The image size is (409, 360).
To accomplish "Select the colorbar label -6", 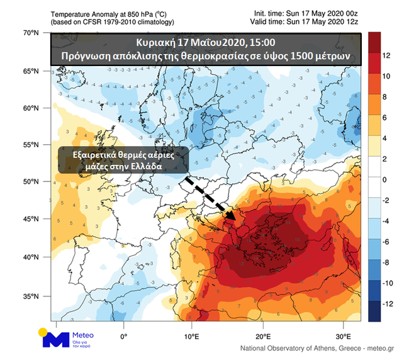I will click(389, 242).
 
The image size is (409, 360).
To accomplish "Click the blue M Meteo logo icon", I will click(55, 339).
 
